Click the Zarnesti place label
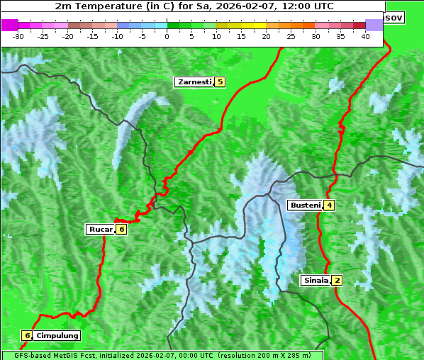click(x=194, y=82)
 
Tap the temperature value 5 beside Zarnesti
click(x=220, y=82)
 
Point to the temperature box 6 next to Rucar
click(x=121, y=229)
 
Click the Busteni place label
click(x=304, y=206)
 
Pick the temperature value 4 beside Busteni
click(x=329, y=206)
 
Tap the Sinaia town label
click(x=316, y=280)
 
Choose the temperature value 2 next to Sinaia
click(x=337, y=280)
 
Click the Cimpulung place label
click(x=57, y=335)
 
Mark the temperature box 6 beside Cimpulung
click(x=27, y=335)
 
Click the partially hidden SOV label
click(x=394, y=17)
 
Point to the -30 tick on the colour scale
click(x=18, y=35)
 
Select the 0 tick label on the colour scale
click(x=167, y=35)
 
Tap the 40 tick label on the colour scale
click(x=365, y=35)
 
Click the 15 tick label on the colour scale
click(x=241, y=35)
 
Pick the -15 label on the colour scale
click(x=92, y=35)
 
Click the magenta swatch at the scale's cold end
click(x=10, y=25)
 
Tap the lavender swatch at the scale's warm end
click(x=374, y=25)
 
